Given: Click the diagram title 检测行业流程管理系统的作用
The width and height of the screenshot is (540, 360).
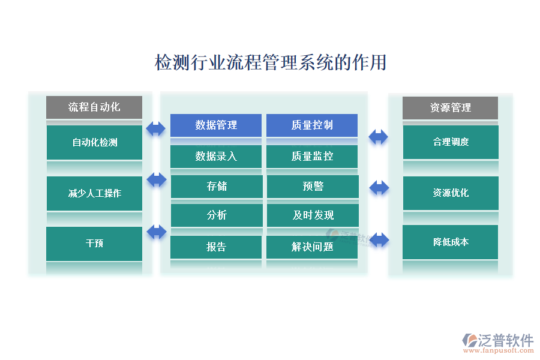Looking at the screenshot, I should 271,62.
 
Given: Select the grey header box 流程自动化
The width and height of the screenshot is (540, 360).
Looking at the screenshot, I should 94,107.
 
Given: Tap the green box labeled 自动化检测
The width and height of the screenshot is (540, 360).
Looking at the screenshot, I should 94,142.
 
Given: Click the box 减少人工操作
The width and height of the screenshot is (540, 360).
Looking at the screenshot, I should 94,193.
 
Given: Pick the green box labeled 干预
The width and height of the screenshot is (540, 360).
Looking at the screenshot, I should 94,244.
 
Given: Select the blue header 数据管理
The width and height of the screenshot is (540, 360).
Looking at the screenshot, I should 216,125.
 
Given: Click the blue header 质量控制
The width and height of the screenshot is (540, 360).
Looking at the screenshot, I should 312,125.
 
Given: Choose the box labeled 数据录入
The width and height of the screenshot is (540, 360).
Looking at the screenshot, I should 216,157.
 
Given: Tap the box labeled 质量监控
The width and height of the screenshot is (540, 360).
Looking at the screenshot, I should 312,157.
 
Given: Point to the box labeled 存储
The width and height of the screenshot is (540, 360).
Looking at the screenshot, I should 216,187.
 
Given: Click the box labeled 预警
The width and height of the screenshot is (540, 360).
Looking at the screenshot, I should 312,187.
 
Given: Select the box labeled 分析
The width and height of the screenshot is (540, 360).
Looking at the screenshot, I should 216,215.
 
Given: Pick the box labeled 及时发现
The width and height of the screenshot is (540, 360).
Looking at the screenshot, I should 312,215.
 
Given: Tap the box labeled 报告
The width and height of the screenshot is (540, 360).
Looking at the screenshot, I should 216,247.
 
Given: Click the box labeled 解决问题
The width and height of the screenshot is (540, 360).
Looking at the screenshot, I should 312,247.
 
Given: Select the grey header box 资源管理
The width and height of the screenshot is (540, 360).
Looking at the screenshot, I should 450,108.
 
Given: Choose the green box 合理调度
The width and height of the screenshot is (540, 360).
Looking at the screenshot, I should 450,142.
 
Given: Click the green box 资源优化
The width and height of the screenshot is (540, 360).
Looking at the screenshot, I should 450,193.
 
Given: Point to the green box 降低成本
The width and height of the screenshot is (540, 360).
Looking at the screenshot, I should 450,242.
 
